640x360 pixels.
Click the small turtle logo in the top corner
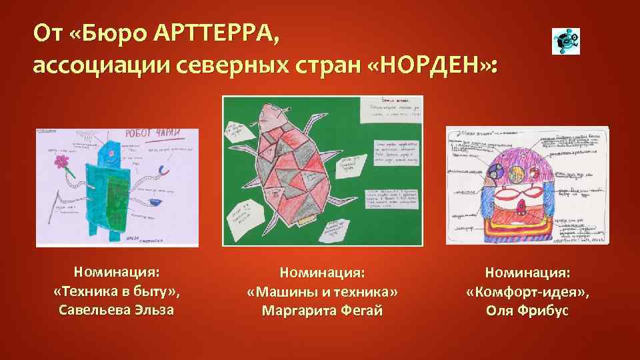566,41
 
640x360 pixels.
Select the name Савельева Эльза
117,310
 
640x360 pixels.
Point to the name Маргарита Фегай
322,311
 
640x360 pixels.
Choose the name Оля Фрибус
527,311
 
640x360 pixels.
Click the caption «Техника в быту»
117,291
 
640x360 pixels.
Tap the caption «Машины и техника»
322,292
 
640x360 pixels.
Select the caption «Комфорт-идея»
527,292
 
